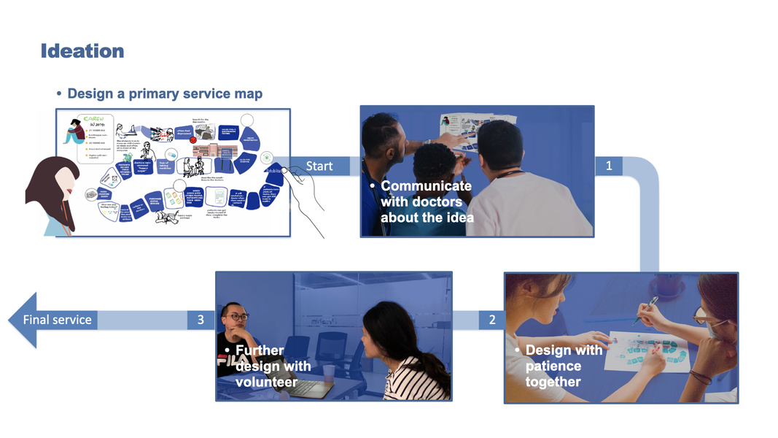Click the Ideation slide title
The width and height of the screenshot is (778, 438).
[x=82, y=51]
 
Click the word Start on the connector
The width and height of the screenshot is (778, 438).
[x=319, y=166]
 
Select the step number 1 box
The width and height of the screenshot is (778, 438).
[x=609, y=166]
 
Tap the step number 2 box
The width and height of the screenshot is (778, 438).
[x=492, y=320]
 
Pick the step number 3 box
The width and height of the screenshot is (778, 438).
[x=201, y=320]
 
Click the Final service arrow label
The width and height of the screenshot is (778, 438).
[x=58, y=320]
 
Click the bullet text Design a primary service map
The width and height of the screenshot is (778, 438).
[x=165, y=94]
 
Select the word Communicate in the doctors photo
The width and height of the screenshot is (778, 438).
[x=426, y=186]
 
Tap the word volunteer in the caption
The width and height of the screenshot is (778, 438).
[x=266, y=382]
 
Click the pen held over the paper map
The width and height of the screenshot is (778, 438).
[x=645, y=310]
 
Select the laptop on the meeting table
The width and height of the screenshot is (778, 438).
[x=303, y=387]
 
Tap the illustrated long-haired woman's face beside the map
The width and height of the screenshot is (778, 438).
[x=64, y=186]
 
